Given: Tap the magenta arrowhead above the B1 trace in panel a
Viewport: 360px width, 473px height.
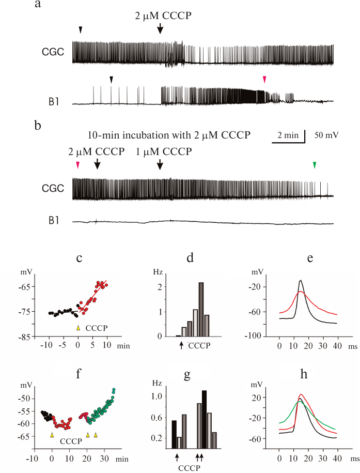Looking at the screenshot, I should [x=264, y=79].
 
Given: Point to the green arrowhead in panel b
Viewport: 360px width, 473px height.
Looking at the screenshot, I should [x=315, y=165].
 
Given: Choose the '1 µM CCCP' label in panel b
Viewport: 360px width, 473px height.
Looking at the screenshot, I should [x=164, y=152].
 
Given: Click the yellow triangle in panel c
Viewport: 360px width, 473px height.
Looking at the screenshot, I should [x=78, y=328].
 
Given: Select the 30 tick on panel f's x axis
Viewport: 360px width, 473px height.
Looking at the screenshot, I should [x=105, y=457].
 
